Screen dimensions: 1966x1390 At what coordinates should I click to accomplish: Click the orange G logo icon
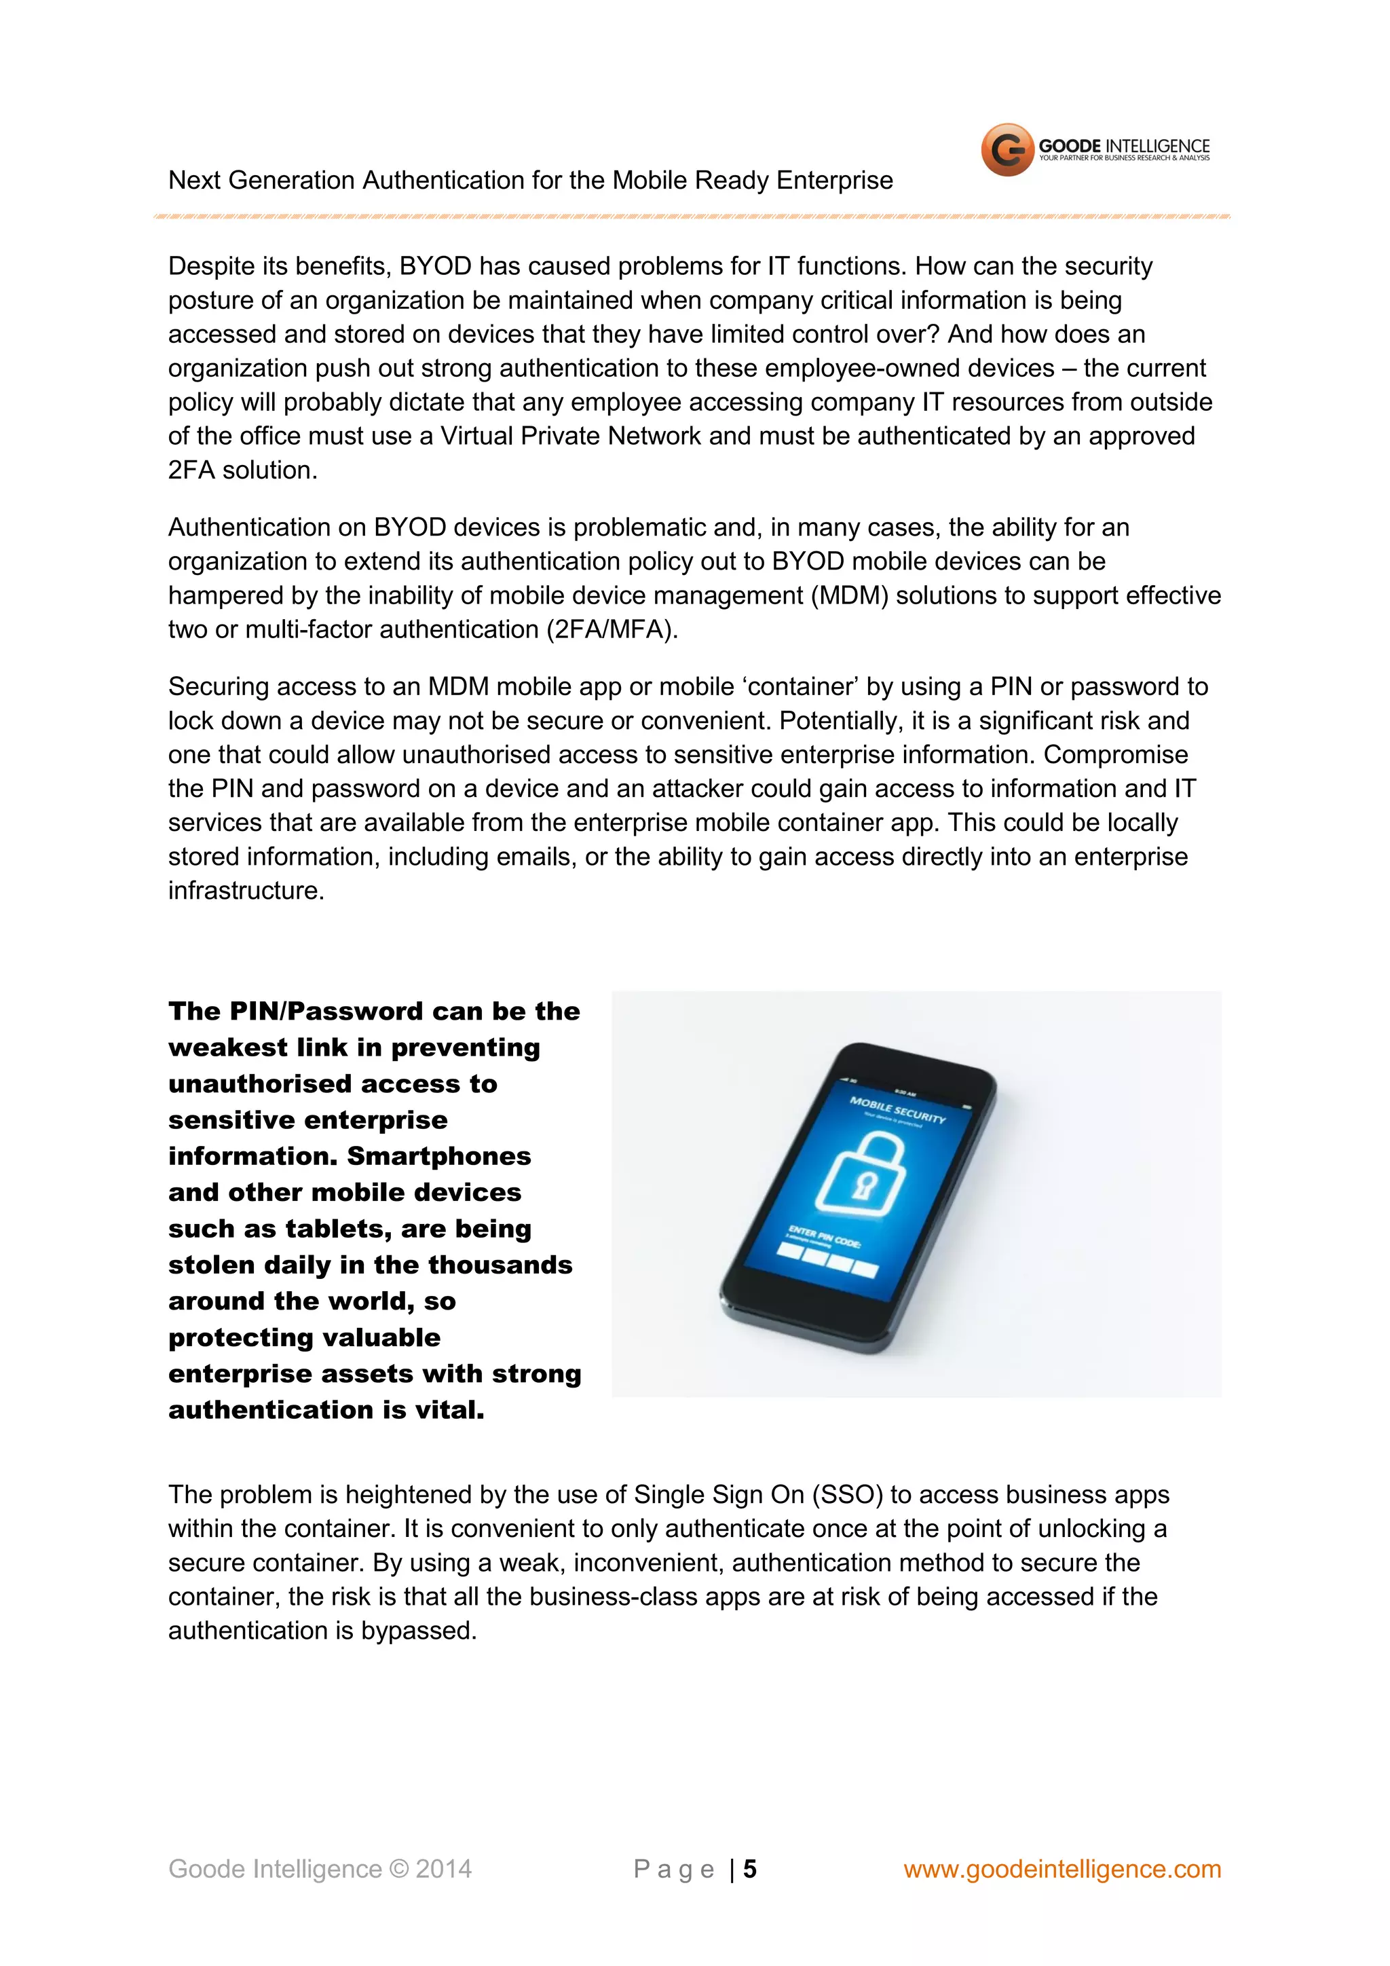(x=1007, y=150)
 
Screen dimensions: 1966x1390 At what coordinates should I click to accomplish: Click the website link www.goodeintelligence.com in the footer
(x=1062, y=1868)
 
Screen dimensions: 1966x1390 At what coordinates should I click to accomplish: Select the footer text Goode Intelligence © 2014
(x=319, y=1868)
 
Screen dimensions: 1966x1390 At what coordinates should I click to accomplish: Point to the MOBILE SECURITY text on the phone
(x=897, y=1110)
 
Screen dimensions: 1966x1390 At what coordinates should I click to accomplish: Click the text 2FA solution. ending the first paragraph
(x=242, y=470)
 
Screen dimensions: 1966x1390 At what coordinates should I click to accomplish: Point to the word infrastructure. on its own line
(x=246, y=891)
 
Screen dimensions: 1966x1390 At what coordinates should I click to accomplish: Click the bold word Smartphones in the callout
(x=439, y=1156)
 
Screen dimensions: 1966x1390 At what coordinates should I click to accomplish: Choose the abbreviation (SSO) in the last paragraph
(x=846, y=1495)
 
